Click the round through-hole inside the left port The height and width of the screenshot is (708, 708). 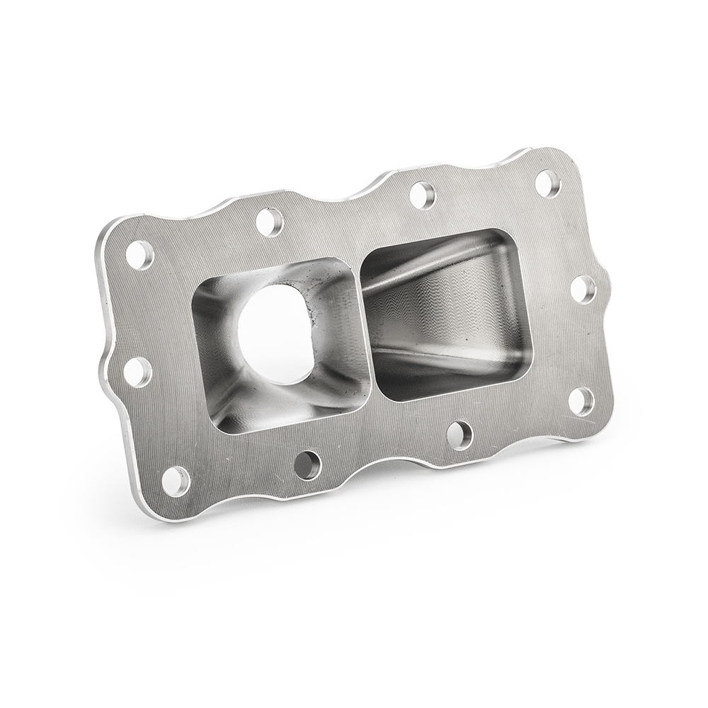275,333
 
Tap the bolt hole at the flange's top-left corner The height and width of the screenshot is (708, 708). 139,255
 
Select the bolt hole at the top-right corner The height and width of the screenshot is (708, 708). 547,183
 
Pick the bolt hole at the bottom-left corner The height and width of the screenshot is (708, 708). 176,481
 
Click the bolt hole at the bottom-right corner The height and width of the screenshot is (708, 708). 581,401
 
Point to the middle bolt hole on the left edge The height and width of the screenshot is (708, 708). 137,372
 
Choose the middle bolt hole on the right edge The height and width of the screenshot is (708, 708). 583,289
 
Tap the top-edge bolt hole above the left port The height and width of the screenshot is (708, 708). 270,222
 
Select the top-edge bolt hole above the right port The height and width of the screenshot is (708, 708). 422,195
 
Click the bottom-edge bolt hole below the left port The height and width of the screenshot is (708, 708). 308,465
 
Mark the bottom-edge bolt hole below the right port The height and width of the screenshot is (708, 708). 459,435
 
